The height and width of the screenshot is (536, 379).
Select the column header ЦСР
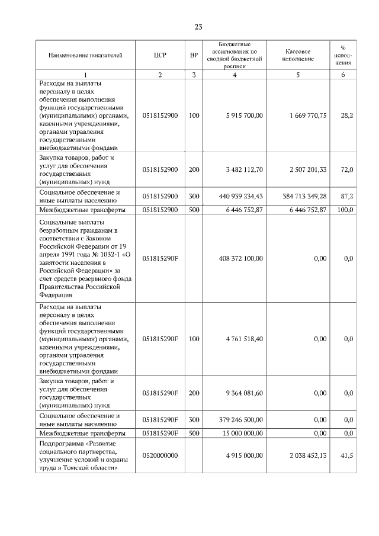tap(160, 56)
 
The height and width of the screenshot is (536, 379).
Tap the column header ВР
tap(194, 56)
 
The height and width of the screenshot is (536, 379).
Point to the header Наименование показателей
tap(85, 56)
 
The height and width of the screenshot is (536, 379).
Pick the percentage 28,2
tap(348, 115)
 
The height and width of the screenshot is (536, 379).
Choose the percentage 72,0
tap(348, 170)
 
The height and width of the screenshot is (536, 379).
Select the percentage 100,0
tap(346, 210)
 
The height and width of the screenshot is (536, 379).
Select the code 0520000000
tap(160, 455)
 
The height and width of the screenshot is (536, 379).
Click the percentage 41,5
tap(348, 455)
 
